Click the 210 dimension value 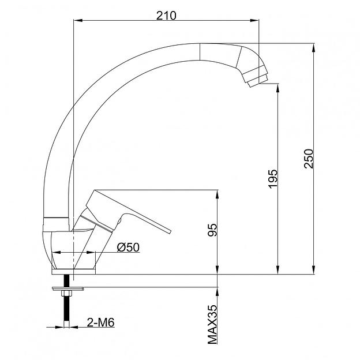click(166, 16)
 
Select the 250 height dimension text click(308, 159)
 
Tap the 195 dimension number click(273, 179)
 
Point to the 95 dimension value click(212, 230)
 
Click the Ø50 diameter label click(128, 247)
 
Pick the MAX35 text click(212, 324)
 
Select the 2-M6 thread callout click(100, 322)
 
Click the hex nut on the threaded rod click(66, 293)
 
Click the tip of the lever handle click(170, 231)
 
